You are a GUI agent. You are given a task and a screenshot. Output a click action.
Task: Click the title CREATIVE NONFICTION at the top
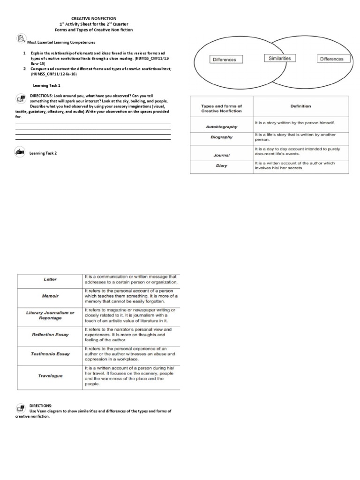pos(94,18)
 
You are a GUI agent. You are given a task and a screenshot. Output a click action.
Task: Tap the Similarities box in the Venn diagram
pos(279,59)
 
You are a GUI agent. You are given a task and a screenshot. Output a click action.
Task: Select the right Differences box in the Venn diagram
pos(331,59)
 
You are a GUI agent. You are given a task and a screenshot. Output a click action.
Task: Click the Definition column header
pos(300,106)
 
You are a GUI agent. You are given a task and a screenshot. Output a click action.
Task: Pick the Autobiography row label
pos(221,127)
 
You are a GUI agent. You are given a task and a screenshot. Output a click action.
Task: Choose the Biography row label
pos(221,137)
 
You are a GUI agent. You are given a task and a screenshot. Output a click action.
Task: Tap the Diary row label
pos(221,165)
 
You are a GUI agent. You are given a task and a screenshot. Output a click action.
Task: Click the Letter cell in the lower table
pos(50,279)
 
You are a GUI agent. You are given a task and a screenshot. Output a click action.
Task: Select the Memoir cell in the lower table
pos(50,296)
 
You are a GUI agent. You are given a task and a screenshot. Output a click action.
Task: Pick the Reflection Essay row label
pos(50,335)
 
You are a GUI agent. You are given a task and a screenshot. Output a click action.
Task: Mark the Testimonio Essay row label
pos(50,354)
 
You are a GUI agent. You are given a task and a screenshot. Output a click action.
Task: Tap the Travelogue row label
pos(50,376)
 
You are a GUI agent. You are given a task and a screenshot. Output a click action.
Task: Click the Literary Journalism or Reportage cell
pos(50,315)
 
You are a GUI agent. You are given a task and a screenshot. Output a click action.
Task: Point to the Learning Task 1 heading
pos(46,86)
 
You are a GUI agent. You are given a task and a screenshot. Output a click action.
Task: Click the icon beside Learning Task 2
pos(20,152)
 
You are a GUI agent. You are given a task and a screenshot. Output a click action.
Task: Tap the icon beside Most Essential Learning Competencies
pos(20,39)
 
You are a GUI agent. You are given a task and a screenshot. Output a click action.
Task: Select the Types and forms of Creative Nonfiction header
pos(221,109)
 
